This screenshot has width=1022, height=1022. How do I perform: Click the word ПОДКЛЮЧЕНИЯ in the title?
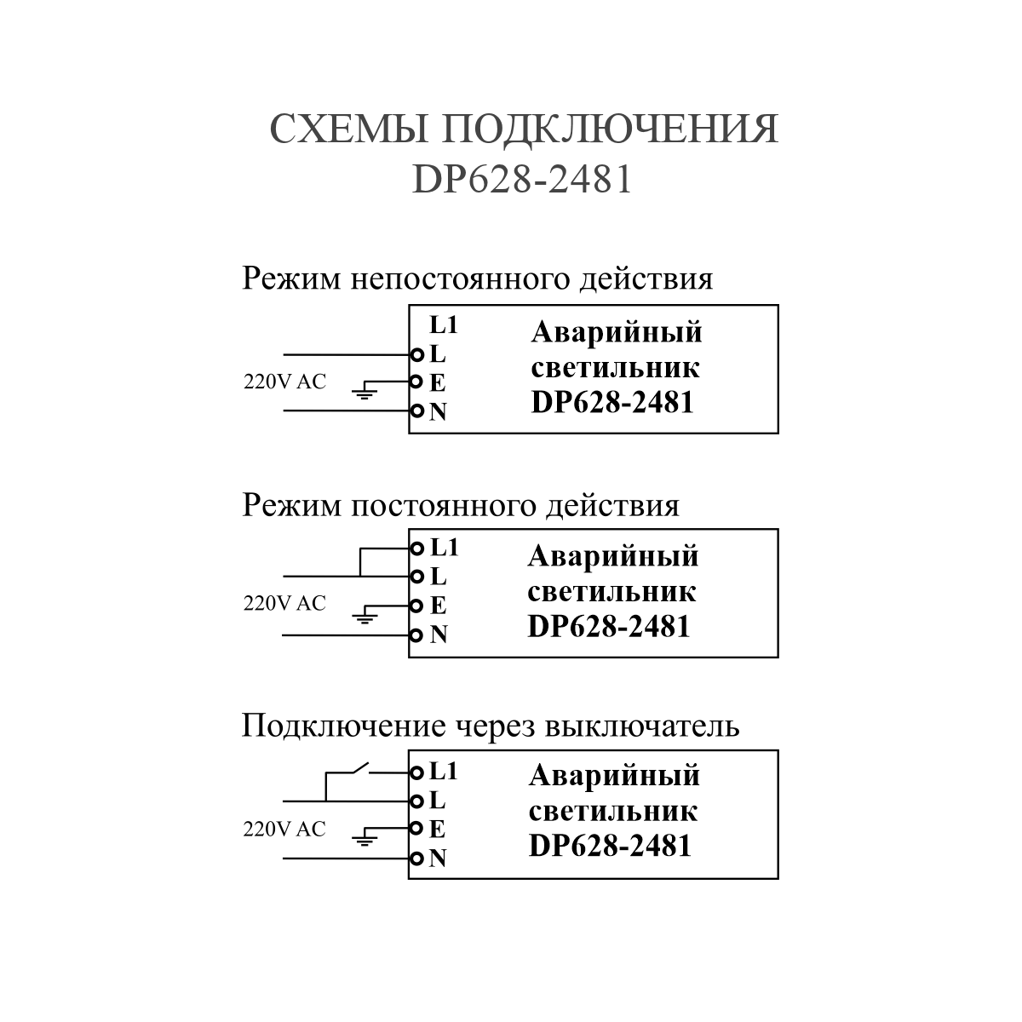(610, 129)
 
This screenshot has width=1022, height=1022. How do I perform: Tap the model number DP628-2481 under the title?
(522, 179)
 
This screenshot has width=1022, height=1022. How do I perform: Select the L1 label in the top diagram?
(444, 325)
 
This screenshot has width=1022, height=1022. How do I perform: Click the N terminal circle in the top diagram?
(417, 411)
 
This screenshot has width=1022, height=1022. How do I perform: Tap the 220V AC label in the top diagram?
(284, 382)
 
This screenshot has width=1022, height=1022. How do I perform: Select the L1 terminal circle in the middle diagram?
(417, 549)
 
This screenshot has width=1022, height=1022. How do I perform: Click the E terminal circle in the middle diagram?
(417, 606)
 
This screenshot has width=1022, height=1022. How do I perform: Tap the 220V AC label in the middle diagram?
(284, 603)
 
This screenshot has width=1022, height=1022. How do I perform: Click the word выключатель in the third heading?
(642, 726)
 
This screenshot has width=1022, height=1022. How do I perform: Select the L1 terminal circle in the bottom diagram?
(417, 772)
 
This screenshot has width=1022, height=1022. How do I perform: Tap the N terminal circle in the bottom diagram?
(417, 858)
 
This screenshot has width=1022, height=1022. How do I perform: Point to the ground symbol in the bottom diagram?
(365, 840)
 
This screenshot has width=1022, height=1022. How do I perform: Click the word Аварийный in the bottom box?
(614, 776)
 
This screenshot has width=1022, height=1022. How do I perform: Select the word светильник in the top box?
(615, 368)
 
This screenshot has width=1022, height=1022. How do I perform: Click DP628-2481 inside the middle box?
(609, 626)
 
